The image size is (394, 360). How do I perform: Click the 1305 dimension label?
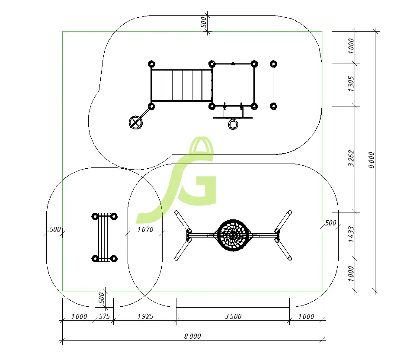point(351,84)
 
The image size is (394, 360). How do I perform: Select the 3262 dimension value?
point(351,158)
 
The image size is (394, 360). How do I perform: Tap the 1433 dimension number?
point(351,234)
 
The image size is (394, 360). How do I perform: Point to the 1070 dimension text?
point(145,229)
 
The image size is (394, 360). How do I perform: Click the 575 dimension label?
point(104,316)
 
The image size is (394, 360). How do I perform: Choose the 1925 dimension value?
point(145,316)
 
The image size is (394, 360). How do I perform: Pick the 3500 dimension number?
point(233,316)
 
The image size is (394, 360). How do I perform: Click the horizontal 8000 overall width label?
point(192,336)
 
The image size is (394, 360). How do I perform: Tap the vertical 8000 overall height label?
point(372,160)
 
